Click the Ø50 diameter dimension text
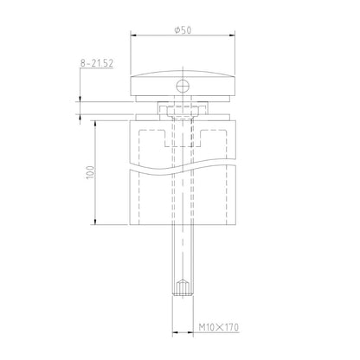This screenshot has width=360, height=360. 182,29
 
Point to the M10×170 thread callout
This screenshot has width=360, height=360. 215,328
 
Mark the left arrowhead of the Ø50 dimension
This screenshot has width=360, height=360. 133,36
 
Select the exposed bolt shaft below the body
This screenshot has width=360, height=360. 183,251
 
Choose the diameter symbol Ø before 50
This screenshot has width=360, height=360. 176,29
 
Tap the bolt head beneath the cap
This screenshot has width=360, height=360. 183,110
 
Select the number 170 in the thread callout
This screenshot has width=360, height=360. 228,328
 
